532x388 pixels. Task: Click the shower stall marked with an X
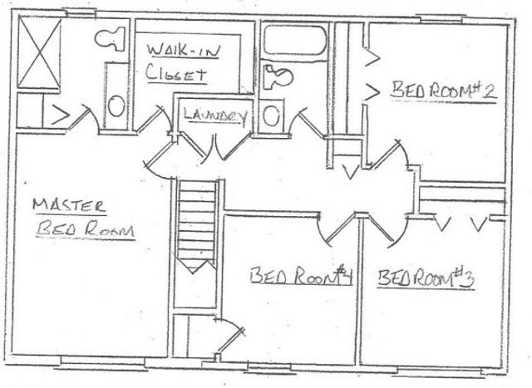[39, 52]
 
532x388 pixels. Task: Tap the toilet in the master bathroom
[109, 38]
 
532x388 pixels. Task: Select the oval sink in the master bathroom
[117, 106]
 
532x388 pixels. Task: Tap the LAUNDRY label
[212, 116]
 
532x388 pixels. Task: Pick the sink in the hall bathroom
[271, 112]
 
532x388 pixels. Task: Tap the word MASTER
[70, 204]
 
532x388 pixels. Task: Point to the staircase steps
[198, 224]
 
